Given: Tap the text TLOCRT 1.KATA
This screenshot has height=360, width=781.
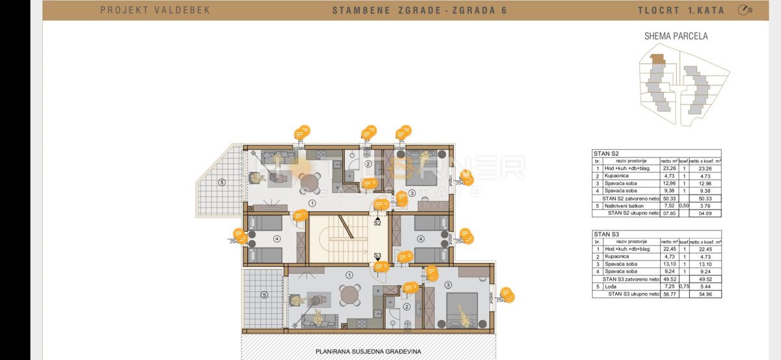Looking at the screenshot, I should [x=687, y=10].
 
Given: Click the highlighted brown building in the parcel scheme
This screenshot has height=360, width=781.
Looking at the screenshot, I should [x=659, y=59].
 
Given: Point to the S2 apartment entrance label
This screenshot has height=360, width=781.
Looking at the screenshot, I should [x=377, y=223].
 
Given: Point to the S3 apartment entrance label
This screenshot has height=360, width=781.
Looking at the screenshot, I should [x=377, y=255].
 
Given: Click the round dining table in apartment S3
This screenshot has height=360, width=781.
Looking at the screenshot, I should [x=351, y=295].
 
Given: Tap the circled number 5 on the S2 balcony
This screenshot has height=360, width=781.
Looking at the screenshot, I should [x=223, y=182].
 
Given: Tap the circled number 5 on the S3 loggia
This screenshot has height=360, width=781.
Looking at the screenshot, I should [x=264, y=295].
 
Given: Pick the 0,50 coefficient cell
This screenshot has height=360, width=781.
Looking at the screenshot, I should [x=684, y=205].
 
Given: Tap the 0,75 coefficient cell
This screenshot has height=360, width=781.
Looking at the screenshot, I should [x=684, y=286].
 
